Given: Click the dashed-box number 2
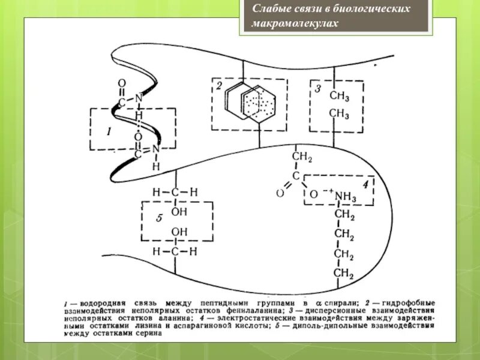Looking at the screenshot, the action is tap(220, 85).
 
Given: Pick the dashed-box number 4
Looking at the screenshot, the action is tap(365, 183).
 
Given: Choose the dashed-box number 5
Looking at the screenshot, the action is tap(159, 218).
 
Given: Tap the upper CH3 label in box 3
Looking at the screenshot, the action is tap(339, 97).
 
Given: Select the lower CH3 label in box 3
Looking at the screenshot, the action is tap(339, 113).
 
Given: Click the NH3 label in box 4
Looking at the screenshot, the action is tap(345, 196).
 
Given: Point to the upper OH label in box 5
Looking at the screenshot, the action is tap(179, 211).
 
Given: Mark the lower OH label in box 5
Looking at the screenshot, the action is tap(179, 232).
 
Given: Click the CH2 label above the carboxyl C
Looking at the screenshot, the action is tap(301, 157).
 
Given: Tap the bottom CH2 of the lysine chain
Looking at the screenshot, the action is tap(344, 274).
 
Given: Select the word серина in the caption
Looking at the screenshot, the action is tap(148, 334).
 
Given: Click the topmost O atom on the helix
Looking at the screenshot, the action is tap(122, 83).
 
